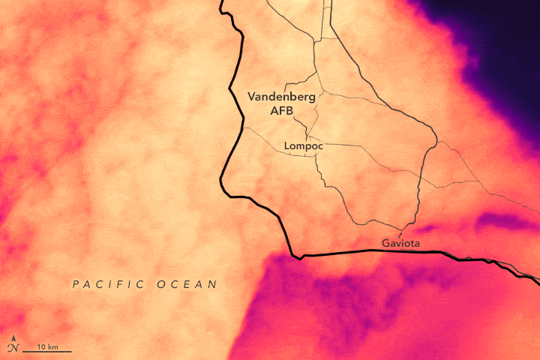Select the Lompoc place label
pyautogui.click(x=303, y=146)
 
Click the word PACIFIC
pyautogui.click(x=107, y=284)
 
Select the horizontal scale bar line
pyautogui.click(x=46, y=351)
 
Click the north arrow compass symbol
pyautogui.click(x=13, y=347)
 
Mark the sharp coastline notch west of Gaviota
pyautogui.click(x=299, y=258)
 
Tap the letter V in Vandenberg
pyautogui.click(x=252, y=97)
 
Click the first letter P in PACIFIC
pyautogui.click(x=75, y=284)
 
